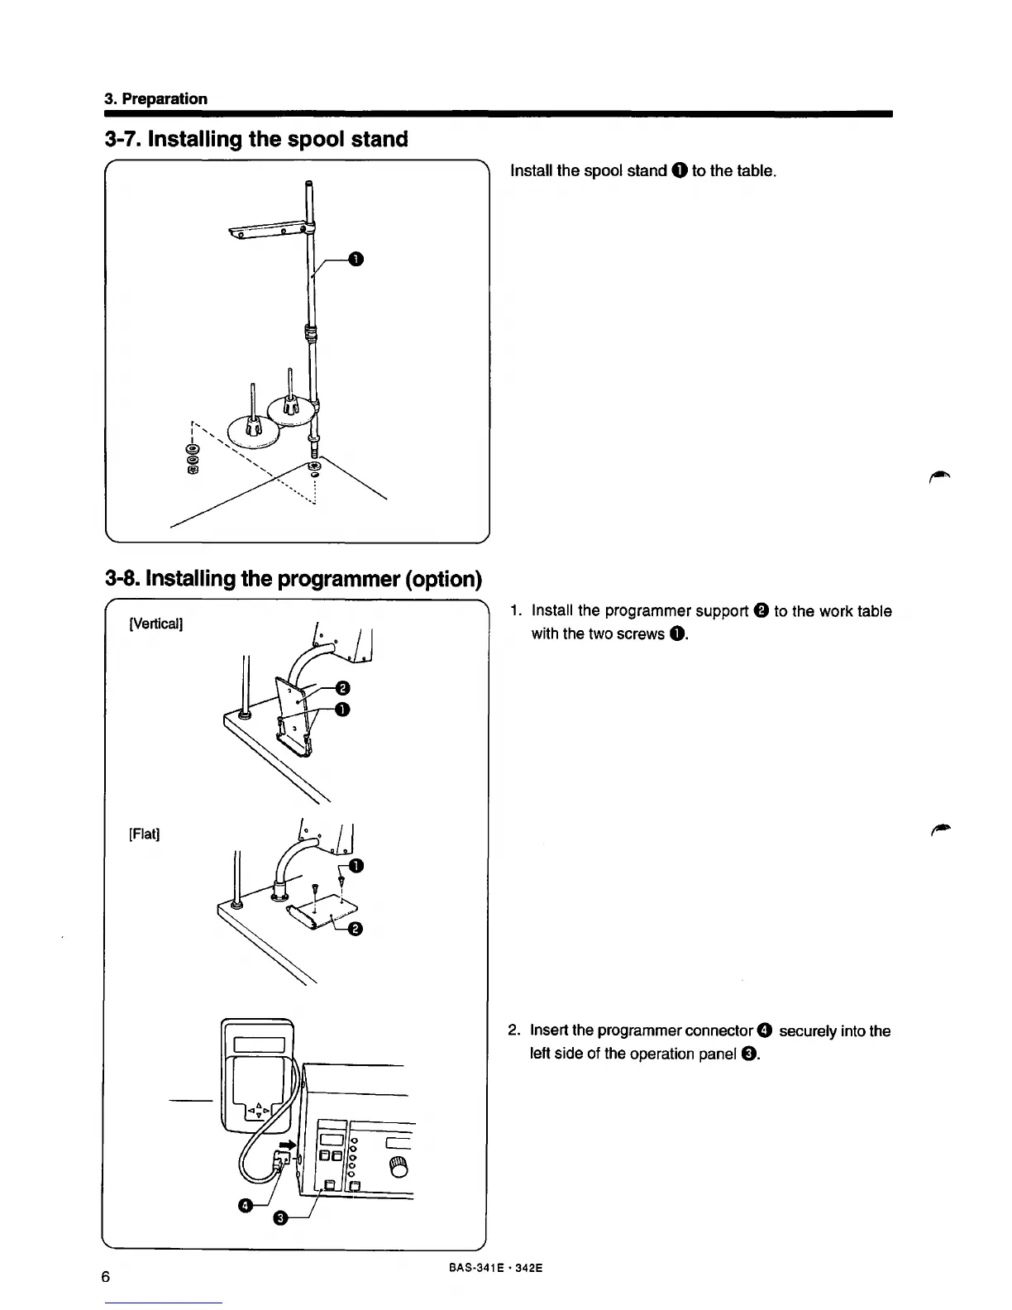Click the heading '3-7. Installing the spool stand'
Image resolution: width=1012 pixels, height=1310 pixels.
click(x=256, y=139)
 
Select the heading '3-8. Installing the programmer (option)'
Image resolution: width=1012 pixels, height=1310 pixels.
click(x=293, y=578)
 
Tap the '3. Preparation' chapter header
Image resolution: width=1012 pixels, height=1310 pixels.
click(x=155, y=98)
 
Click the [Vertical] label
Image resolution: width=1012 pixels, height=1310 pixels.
click(x=155, y=623)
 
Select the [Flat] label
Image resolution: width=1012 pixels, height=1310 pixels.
click(x=144, y=833)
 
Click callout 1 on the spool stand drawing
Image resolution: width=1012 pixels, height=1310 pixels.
click(x=355, y=261)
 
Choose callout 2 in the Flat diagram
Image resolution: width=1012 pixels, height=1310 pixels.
click(x=356, y=930)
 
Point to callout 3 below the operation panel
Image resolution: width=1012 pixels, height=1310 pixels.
click(x=280, y=1218)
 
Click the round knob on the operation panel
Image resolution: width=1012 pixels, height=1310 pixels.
click(x=399, y=1166)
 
